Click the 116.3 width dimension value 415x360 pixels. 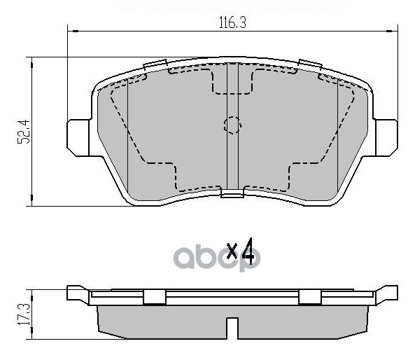tap(232, 22)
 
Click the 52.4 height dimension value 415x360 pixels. tap(24, 132)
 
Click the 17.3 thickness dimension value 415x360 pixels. tap(24, 314)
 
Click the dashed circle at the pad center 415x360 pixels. tap(232, 125)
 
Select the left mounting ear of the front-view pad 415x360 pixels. tap(78, 138)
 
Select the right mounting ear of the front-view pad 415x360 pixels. tap(386, 138)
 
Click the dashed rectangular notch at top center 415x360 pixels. tap(232, 81)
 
